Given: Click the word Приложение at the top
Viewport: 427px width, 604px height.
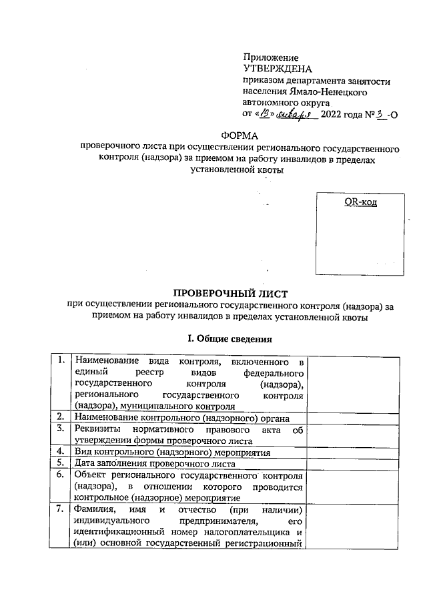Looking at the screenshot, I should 270,58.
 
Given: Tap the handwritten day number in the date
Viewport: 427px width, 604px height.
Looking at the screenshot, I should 266,114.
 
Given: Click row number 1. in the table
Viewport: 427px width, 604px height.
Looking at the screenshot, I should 60,362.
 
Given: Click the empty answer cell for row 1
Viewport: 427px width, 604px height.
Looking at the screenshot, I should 355,384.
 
